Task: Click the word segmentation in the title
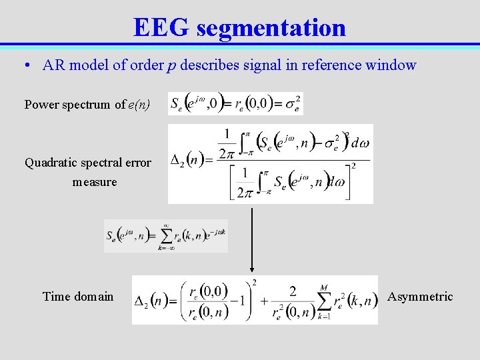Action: (271, 29)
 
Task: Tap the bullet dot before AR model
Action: (25, 65)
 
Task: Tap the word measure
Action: (95, 182)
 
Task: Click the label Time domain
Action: (78, 297)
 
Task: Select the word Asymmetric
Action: (420, 297)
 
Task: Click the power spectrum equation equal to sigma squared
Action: (235, 103)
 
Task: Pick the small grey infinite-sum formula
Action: (165, 236)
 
